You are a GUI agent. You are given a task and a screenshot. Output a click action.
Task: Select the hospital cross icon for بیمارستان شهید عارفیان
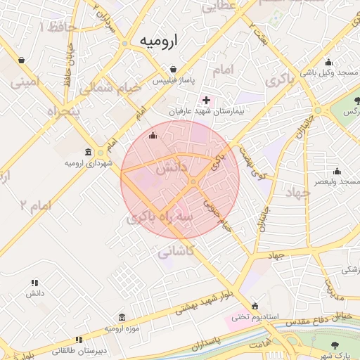click(x=206, y=101)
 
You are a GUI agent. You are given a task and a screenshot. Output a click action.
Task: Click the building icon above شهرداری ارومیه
click(x=88, y=152)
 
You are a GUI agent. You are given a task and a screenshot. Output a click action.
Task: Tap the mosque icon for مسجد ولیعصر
click(x=337, y=171)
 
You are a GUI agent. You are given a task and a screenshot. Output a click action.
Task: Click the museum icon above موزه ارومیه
click(x=122, y=317)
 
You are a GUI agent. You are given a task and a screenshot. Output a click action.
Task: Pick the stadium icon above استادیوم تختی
click(x=255, y=306)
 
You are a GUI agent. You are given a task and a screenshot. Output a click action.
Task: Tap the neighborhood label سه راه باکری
click(x=160, y=219)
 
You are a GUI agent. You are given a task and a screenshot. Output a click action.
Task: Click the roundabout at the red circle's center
click(x=193, y=183)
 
